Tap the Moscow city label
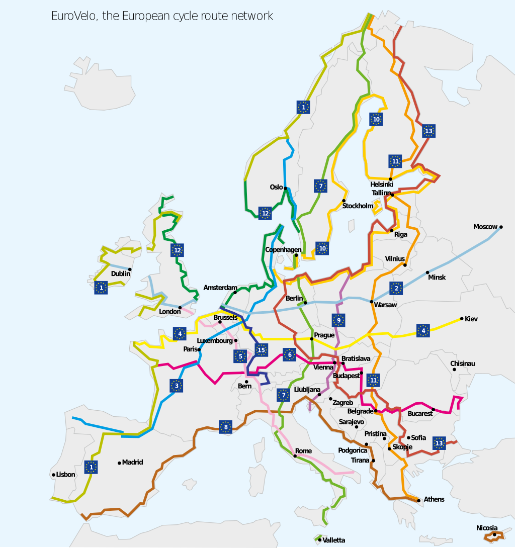[485, 227]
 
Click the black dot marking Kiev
[462, 319]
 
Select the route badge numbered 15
[261, 350]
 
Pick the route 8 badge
[226, 427]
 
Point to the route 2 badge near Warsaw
[396, 288]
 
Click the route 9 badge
[339, 320]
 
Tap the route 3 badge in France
[177, 386]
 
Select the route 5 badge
[240, 356]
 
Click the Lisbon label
[66, 475]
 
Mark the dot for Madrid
[119, 463]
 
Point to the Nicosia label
[487, 528]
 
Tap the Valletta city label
[334, 540]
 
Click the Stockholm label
[358, 206]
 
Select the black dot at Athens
[419, 500]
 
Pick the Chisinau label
[463, 363]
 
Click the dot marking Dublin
[130, 269]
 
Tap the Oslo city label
[276, 187]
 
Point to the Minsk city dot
[427, 272]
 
